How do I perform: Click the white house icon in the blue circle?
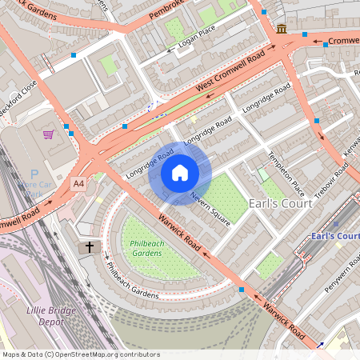[180, 173]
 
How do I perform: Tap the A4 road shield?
[78, 184]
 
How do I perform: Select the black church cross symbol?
[90, 248]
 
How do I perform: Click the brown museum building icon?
[282, 30]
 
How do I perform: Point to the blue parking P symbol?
[34, 174]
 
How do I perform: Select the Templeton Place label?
[286, 174]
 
